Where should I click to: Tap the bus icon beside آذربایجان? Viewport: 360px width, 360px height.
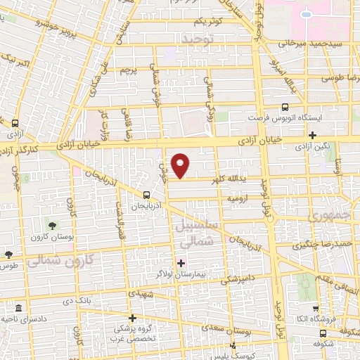(146, 195)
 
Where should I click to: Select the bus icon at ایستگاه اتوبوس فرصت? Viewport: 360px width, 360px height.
(284, 108)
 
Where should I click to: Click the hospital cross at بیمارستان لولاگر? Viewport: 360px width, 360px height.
(181, 262)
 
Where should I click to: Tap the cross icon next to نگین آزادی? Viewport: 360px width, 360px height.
(313, 135)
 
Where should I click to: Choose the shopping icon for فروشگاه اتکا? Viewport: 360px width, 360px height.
(316, 308)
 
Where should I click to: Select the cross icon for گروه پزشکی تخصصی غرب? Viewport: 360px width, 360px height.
(132, 318)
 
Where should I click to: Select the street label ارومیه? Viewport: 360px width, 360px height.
(236, 199)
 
